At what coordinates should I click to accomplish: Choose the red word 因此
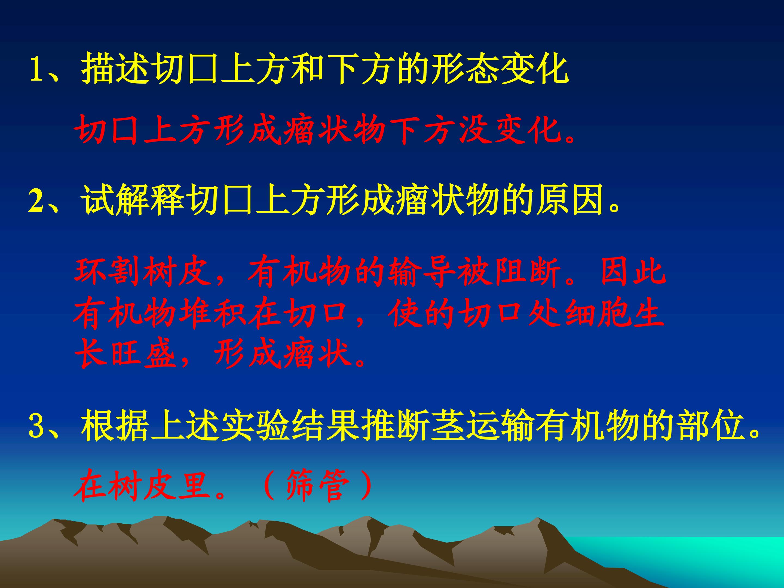point(633,273)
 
